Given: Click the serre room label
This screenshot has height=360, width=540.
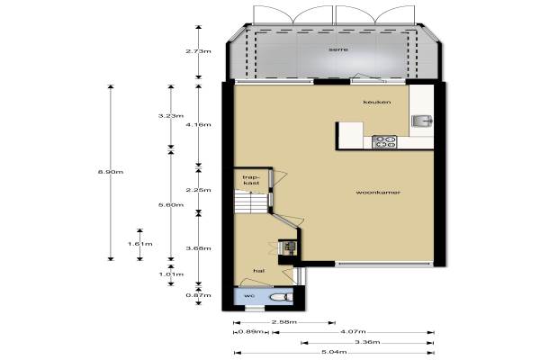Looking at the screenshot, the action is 338,49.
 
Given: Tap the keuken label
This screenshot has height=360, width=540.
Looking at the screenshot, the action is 377,102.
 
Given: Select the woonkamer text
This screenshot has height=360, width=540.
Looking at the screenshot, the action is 378,193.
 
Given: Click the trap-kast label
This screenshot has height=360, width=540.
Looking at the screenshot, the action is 251,180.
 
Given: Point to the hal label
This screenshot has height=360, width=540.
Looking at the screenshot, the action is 259,271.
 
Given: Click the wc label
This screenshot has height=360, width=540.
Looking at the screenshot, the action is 249,296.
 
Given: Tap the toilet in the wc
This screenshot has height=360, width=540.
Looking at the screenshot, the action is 281,297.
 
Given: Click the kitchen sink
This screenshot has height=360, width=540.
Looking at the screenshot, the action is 422,121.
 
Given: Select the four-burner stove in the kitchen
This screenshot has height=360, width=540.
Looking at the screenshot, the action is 384,142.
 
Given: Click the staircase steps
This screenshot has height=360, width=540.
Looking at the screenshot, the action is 251,202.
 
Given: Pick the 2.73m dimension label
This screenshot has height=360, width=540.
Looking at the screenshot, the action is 198,51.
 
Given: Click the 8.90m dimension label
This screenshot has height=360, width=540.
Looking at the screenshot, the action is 111,172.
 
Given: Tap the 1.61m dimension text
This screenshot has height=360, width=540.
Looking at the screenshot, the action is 139,244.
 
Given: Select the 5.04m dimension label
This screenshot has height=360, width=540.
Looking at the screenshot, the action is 334,352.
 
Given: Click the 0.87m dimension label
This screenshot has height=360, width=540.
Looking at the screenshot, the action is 198,295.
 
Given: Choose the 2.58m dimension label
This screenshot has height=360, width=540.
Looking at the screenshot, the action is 284,322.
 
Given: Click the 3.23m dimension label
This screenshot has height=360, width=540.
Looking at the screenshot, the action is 171,116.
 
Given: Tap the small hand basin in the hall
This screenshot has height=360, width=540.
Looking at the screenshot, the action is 289,247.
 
